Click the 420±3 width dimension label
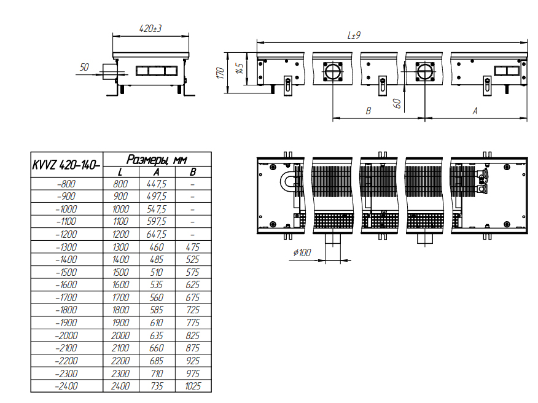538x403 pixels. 150,28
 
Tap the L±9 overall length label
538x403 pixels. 354,35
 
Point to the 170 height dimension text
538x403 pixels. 220,72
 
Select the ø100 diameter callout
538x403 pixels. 302,252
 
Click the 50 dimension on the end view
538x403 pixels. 84,67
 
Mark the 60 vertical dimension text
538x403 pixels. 397,103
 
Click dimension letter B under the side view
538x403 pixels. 368,111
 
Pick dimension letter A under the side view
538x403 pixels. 475,111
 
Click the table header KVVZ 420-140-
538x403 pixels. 66,165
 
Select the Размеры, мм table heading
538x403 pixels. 157,160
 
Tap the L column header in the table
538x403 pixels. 120,172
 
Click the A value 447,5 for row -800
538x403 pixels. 157,184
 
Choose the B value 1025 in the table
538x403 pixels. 193,386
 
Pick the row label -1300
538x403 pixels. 66,247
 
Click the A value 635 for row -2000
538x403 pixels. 157,335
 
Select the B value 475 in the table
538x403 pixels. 193,247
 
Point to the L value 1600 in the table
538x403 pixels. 121,285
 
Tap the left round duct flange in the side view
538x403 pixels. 332,72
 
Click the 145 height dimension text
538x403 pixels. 240,68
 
